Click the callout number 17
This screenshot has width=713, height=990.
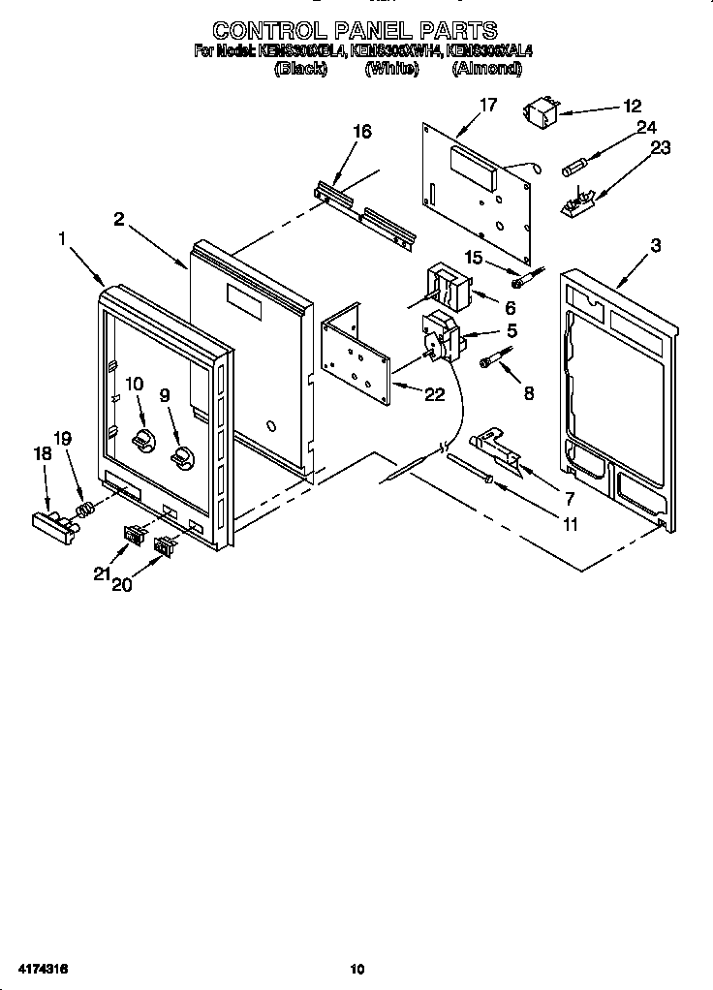point(488,106)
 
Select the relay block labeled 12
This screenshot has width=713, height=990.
point(542,114)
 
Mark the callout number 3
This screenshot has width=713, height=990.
point(656,245)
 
